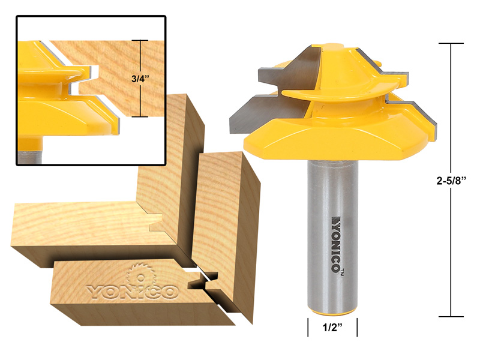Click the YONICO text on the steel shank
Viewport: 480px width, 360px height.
coord(334,241)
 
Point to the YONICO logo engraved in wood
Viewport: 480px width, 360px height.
coord(133,291)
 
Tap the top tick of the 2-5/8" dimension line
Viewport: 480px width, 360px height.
coord(451,43)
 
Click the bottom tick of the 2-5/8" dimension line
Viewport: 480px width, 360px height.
coord(451,316)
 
